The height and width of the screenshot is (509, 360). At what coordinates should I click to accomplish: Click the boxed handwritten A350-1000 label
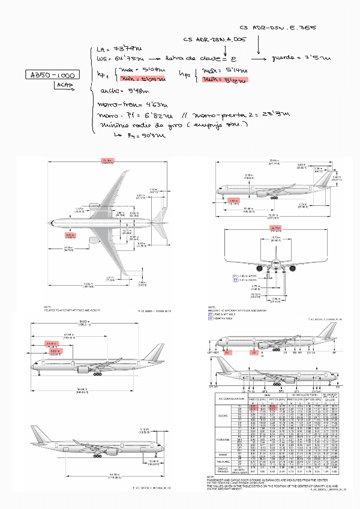[x=50, y=76]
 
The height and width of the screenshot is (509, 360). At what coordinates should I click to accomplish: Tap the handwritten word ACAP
[x=64, y=86]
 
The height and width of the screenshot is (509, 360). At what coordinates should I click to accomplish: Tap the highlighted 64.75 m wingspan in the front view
[x=275, y=229]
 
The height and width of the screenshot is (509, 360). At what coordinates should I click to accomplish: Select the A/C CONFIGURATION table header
[x=230, y=399]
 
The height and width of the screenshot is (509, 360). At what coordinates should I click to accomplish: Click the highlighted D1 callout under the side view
[x=227, y=354]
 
